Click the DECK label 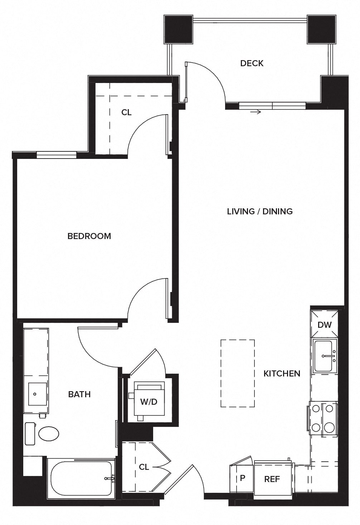click(252, 63)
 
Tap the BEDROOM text click(89, 236)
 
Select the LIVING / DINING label click(260, 211)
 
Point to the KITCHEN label click(282, 373)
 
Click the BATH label click(79, 394)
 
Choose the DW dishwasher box click(325, 325)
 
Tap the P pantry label click(242, 478)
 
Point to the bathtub click(81, 478)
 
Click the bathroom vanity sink click(35, 394)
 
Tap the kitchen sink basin click(325, 356)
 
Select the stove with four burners click(323, 418)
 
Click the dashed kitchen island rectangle click(237, 373)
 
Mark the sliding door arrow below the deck click(256, 112)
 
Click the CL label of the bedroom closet click(126, 112)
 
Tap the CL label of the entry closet click(144, 467)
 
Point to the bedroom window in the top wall click(57, 155)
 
